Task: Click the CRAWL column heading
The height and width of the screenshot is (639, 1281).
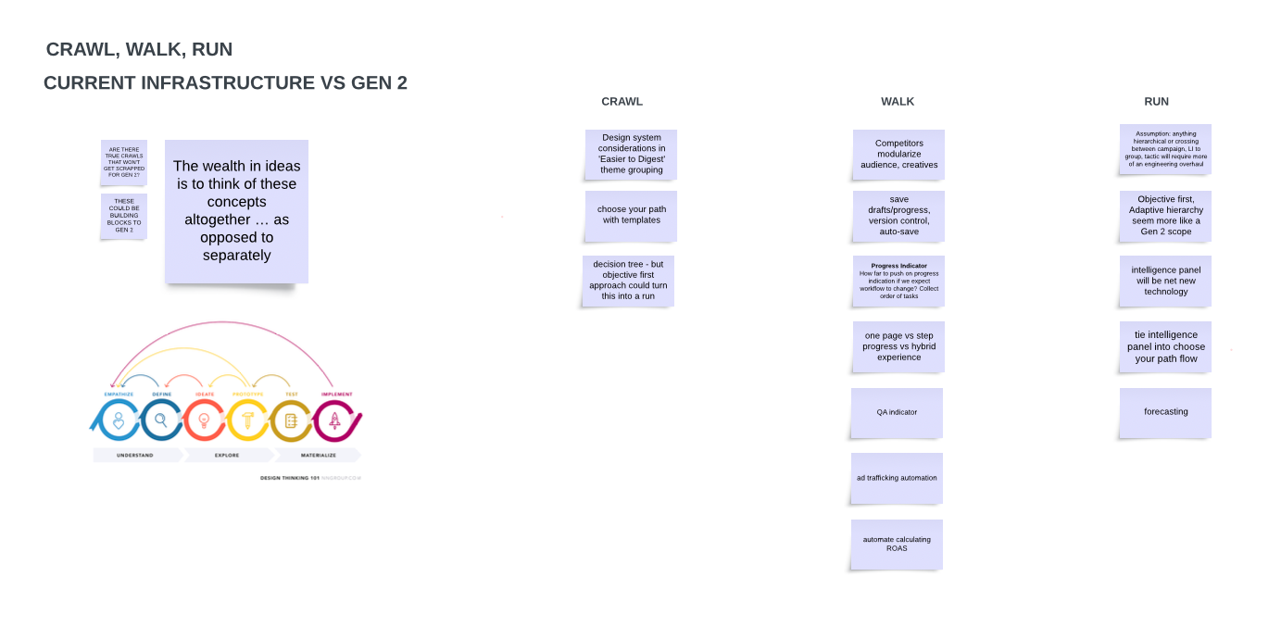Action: pyautogui.click(x=622, y=102)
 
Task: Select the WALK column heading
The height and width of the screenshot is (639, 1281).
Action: pyautogui.click(x=898, y=102)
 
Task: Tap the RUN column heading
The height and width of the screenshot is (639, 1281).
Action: pyautogui.click(x=1156, y=102)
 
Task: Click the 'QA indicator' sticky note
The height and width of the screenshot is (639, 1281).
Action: pyautogui.click(x=897, y=412)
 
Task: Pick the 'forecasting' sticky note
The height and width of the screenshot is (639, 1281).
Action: pyautogui.click(x=1165, y=412)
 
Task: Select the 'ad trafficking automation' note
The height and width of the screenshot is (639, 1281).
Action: pyautogui.click(x=897, y=478)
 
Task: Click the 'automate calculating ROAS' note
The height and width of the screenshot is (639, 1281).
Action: pyautogui.click(x=897, y=544)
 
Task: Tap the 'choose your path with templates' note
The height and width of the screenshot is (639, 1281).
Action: pyautogui.click(x=631, y=215)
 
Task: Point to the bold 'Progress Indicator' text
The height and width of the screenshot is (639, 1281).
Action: pyautogui.click(x=898, y=266)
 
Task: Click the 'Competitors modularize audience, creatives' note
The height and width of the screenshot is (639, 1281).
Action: pyautogui.click(x=898, y=154)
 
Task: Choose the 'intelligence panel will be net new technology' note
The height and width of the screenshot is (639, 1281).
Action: pyautogui.click(x=1165, y=281)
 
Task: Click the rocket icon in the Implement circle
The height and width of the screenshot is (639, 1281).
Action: pyautogui.click(x=334, y=420)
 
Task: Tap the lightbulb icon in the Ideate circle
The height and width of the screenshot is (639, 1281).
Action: pyautogui.click(x=204, y=420)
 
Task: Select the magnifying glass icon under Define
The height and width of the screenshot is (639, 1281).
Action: pyautogui.click(x=161, y=420)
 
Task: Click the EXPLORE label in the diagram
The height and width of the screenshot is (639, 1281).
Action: pyautogui.click(x=228, y=456)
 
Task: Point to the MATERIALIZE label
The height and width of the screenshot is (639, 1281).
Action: pyautogui.click(x=317, y=456)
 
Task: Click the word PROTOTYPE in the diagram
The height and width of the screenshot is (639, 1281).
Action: pyautogui.click(x=247, y=395)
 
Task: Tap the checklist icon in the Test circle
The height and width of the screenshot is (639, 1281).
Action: pyautogui.click(x=290, y=420)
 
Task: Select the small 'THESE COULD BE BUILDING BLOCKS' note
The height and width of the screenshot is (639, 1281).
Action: pyautogui.click(x=124, y=216)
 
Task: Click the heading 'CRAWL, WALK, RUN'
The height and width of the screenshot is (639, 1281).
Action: pyautogui.click(x=139, y=50)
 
